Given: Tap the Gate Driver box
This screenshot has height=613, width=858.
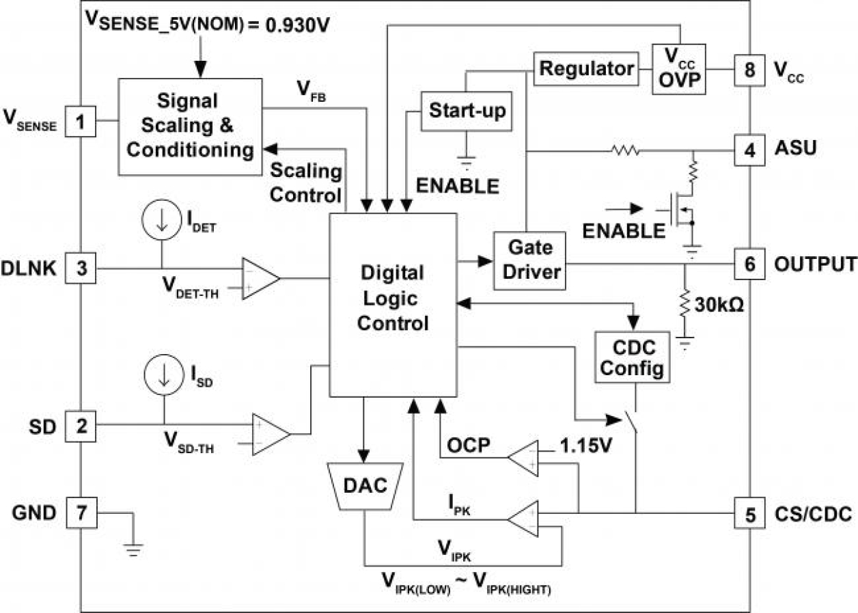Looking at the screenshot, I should pyautogui.click(x=529, y=259).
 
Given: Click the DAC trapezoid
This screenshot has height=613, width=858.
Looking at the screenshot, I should pyautogui.click(x=365, y=486).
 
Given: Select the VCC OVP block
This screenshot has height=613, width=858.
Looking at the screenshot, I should pyautogui.click(x=680, y=69).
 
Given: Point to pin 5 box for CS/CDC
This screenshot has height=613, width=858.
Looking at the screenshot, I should pyautogui.click(x=749, y=515).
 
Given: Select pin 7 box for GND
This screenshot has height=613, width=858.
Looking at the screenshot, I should pyautogui.click(x=81, y=513).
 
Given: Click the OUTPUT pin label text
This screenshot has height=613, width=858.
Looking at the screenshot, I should pyautogui.click(x=814, y=264).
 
